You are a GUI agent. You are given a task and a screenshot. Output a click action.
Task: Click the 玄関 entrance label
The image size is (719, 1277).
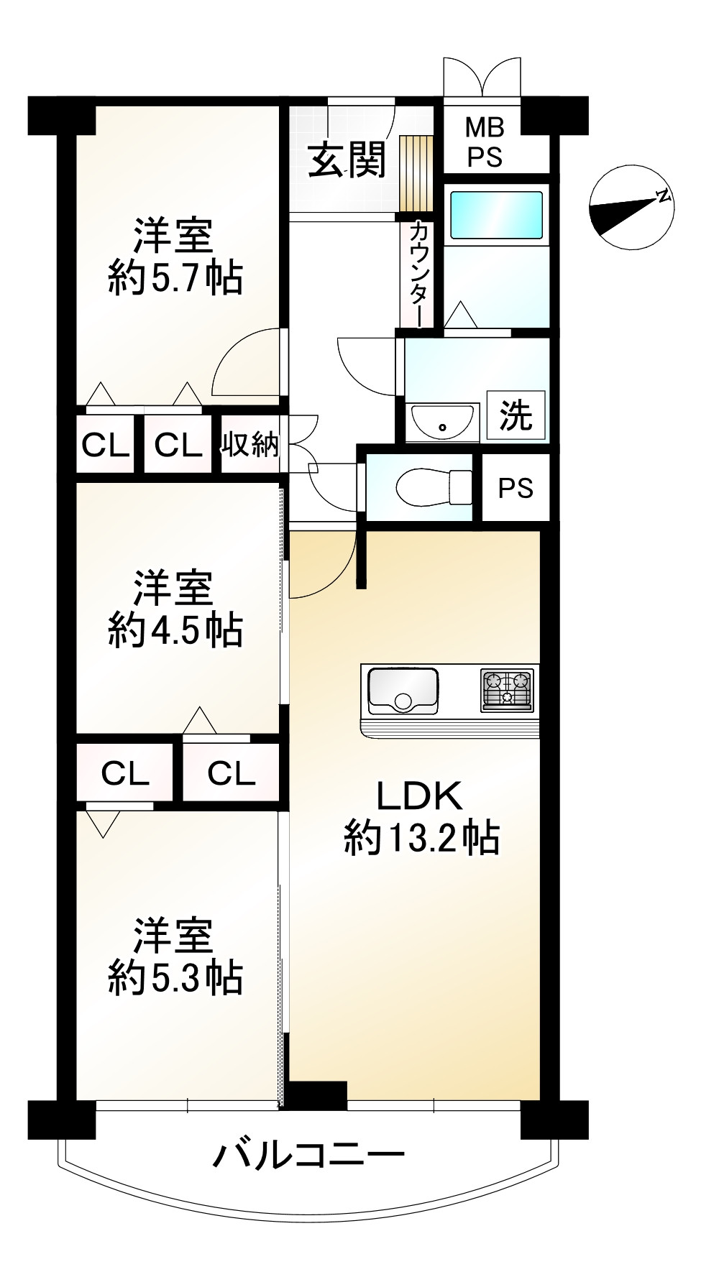(347, 160)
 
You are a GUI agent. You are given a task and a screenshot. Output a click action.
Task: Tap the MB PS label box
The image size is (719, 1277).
(485, 142)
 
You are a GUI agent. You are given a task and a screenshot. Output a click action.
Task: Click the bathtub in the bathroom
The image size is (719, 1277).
(496, 215)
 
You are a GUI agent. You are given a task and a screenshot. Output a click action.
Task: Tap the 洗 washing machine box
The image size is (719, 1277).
(516, 415)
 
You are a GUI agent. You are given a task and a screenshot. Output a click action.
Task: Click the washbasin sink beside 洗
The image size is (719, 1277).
(442, 422)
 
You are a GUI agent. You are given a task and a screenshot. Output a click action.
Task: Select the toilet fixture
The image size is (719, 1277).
(434, 487)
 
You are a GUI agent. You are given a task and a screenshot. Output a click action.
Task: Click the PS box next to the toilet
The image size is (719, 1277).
(516, 488)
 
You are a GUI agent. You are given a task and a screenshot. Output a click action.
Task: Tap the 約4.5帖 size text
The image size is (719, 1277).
(175, 630)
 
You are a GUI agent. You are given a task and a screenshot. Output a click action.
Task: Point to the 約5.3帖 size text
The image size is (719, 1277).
(175, 977)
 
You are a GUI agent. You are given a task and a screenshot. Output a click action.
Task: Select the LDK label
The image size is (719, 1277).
(420, 796)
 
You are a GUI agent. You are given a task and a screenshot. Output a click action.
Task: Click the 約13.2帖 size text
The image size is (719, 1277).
(421, 838)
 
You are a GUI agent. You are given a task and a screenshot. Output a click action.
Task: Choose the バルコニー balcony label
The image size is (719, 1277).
(309, 1157)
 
